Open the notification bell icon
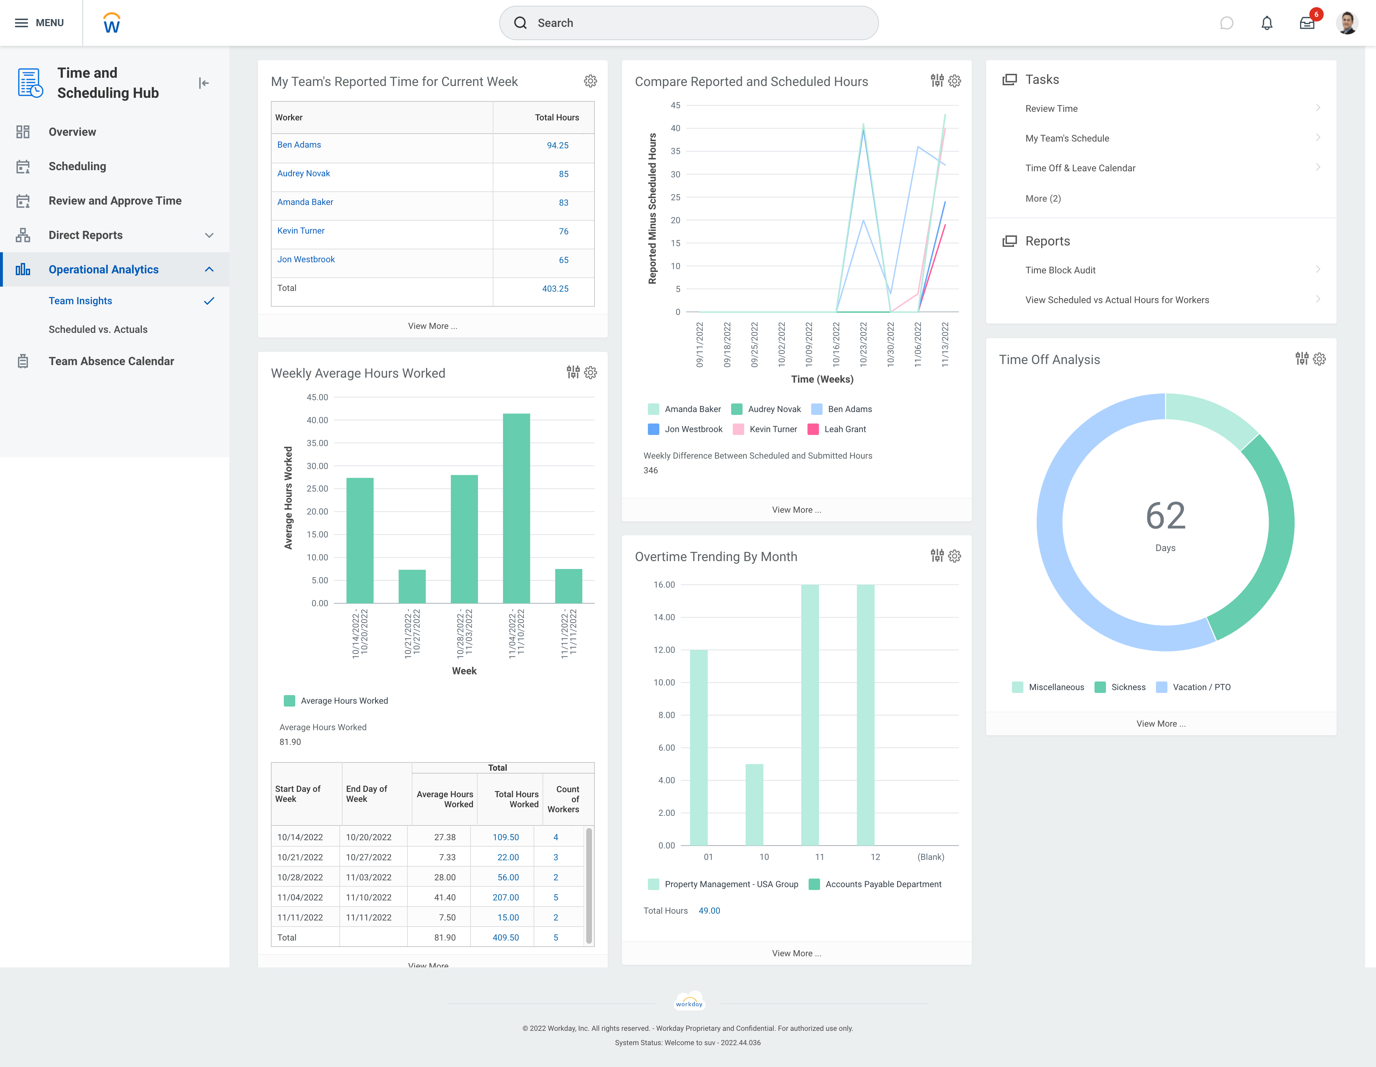click(1266, 23)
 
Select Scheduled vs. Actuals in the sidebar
click(98, 329)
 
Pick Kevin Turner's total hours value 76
click(563, 231)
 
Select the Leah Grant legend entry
click(844, 429)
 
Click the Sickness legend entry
click(1128, 687)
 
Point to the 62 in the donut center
click(1165, 516)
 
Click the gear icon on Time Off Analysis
click(1319, 359)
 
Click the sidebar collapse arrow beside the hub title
click(204, 83)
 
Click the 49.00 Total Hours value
click(709, 911)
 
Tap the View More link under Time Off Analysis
click(1161, 724)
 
